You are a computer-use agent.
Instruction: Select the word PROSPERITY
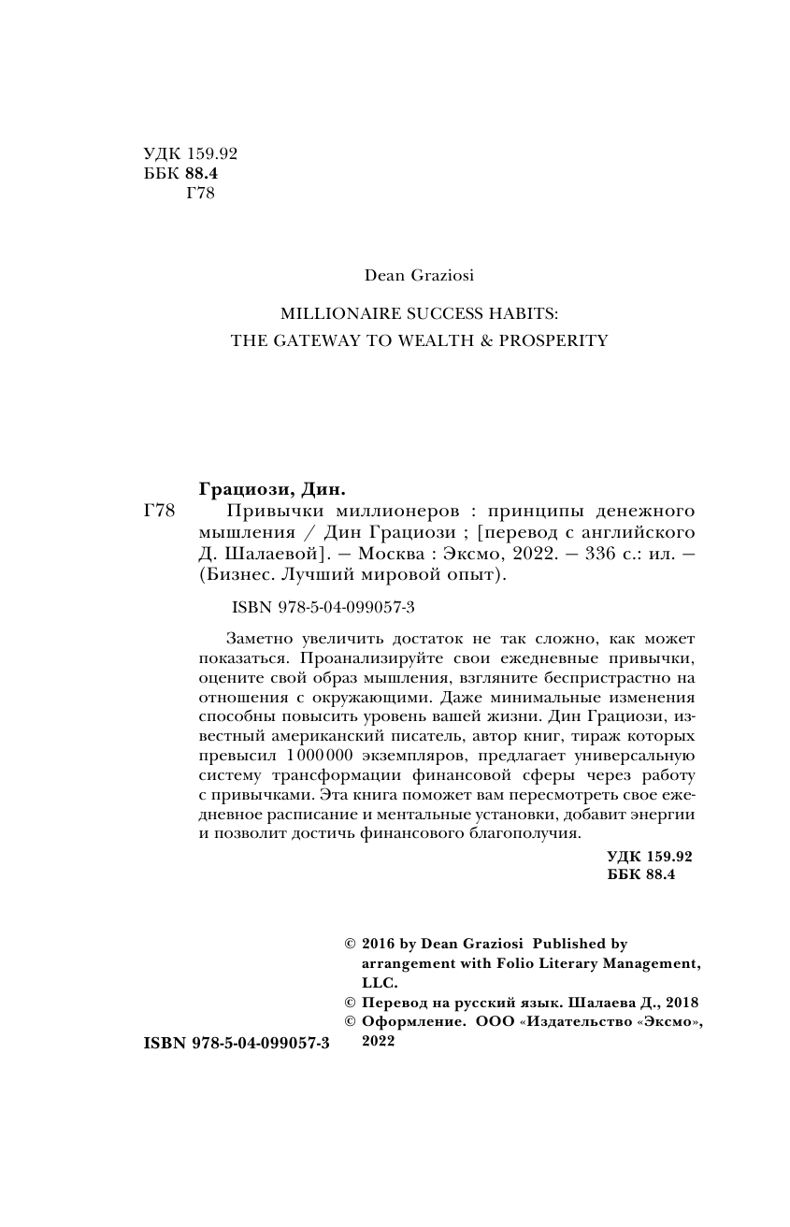[x=553, y=340]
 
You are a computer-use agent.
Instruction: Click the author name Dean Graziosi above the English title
[x=420, y=275]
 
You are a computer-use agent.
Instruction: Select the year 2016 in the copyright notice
[x=379, y=945]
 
